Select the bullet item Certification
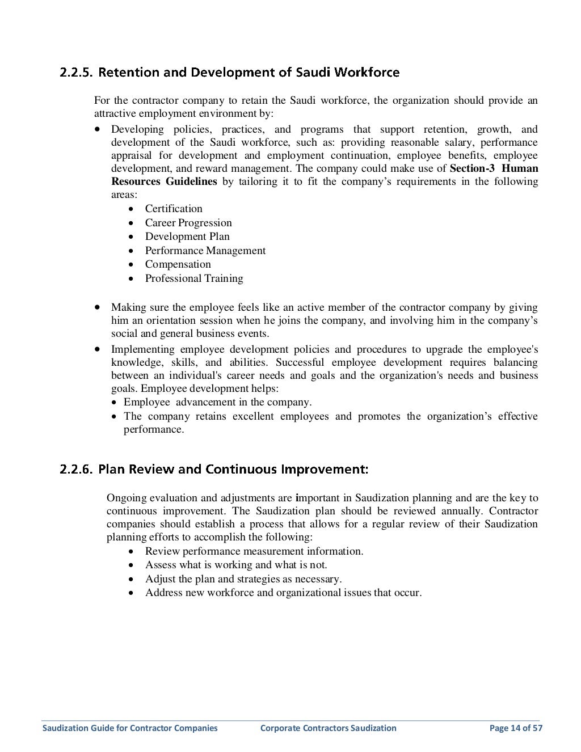(x=174, y=209)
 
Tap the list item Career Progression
(x=188, y=223)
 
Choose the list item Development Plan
(x=187, y=236)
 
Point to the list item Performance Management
(x=205, y=251)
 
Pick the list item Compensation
(x=178, y=264)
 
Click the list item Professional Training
(x=194, y=278)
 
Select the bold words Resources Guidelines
(x=164, y=181)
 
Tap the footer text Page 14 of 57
(x=516, y=728)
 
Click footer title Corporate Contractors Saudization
(x=328, y=728)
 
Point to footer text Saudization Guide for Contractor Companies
(x=130, y=728)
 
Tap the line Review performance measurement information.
(x=254, y=551)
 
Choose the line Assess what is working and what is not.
(x=236, y=565)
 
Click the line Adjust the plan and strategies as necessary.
(x=243, y=579)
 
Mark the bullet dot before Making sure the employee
(x=98, y=307)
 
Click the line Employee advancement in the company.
(x=217, y=402)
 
